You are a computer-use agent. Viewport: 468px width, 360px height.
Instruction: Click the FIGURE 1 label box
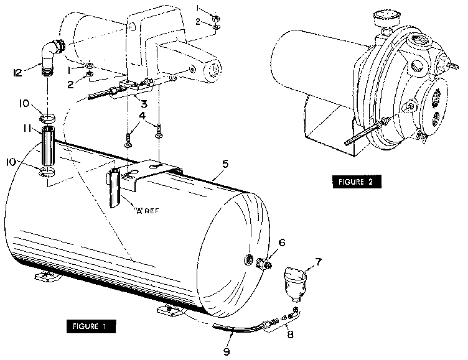89,326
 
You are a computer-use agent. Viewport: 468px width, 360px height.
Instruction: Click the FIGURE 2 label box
355,182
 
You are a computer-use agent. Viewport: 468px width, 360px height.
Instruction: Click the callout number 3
144,104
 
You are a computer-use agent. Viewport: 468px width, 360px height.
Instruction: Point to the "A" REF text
147,210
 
